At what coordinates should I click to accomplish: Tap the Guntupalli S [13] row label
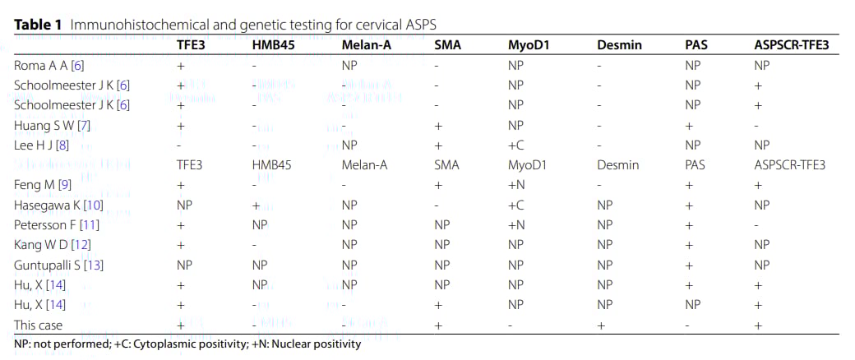58,265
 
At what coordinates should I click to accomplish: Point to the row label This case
38,325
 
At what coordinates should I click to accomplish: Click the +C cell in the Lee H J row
516,145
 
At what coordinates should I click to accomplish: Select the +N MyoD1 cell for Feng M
516,185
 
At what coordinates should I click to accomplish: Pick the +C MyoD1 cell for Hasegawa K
516,205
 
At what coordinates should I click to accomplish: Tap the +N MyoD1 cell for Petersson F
516,224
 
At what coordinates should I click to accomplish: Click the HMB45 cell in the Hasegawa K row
256,205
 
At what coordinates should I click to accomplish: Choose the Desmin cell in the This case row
601,325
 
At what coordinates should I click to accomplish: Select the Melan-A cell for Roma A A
349,65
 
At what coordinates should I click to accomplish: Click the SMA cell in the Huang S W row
437,125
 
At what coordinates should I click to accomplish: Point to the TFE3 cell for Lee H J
180,145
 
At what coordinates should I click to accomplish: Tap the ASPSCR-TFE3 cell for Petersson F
756,224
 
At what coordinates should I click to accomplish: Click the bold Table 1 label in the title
39,24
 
